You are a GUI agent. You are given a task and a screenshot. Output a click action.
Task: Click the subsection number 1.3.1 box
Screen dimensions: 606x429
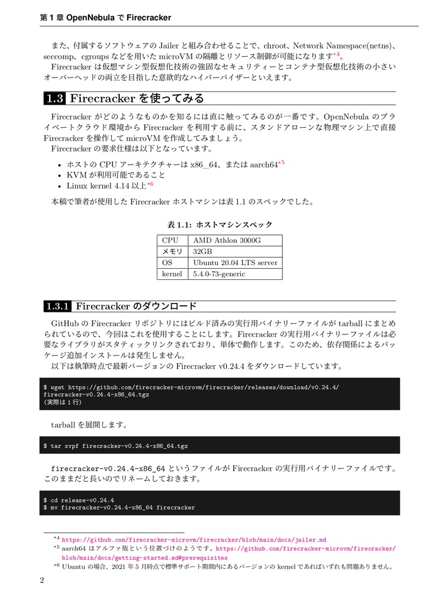58,306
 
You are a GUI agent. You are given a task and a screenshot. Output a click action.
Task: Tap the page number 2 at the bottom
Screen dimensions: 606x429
42,580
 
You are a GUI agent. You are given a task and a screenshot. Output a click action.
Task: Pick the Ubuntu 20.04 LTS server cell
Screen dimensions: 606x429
235,263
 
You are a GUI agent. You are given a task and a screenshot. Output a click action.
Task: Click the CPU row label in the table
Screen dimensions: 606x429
170,240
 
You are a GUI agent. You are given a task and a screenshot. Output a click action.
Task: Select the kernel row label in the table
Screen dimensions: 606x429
172,274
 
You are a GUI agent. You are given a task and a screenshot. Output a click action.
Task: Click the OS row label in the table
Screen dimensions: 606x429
167,263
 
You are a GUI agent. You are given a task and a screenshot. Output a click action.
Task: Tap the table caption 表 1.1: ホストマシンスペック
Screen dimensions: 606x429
219,225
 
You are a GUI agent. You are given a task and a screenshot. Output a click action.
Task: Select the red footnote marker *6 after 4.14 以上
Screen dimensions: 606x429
150,184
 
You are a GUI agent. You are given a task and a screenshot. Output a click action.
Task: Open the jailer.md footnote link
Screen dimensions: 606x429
194,540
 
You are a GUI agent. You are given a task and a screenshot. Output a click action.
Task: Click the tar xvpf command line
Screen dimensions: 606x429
116,445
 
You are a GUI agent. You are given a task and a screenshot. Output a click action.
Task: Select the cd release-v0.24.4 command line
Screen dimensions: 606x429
79,499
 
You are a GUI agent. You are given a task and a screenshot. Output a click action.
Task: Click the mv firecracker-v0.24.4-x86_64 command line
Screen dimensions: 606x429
119,507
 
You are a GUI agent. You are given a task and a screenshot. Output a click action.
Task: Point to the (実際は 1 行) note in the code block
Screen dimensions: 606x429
63,402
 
